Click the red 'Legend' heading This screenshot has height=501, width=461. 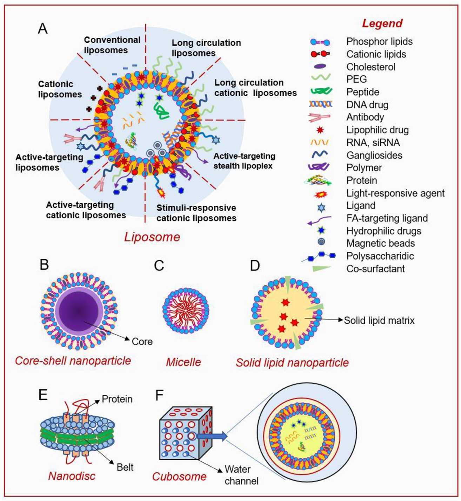pyautogui.click(x=382, y=23)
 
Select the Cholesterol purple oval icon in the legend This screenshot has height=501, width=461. pyautogui.click(x=320, y=67)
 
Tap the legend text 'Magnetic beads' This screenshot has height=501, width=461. pyautogui.click(x=380, y=243)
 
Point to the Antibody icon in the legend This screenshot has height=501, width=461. pyautogui.click(x=319, y=117)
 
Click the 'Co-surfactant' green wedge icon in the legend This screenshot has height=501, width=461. pyautogui.click(x=321, y=269)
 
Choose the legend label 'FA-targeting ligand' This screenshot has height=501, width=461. pyautogui.click(x=387, y=218)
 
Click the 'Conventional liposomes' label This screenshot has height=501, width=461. pyautogui.click(x=112, y=45)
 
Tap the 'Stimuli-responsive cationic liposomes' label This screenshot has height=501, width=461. pyautogui.click(x=196, y=213)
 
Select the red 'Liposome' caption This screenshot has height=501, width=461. pyautogui.click(x=152, y=237)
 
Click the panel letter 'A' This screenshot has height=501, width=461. pyautogui.click(x=42, y=28)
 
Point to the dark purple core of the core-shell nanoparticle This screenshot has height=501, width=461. pyautogui.click(x=79, y=310)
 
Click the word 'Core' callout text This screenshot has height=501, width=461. pyautogui.click(x=142, y=342)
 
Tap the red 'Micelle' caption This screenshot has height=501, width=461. pyautogui.click(x=183, y=362)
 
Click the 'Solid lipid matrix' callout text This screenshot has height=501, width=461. pyautogui.click(x=379, y=321)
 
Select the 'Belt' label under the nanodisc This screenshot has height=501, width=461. pyautogui.click(x=125, y=467)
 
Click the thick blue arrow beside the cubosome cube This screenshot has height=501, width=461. pyautogui.click(x=212, y=436)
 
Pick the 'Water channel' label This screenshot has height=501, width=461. pyautogui.click(x=241, y=475)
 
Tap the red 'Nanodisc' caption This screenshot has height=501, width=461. pyautogui.click(x=72, y=476)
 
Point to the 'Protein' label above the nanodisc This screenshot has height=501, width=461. pyautogui.click(x=117, y=399)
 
